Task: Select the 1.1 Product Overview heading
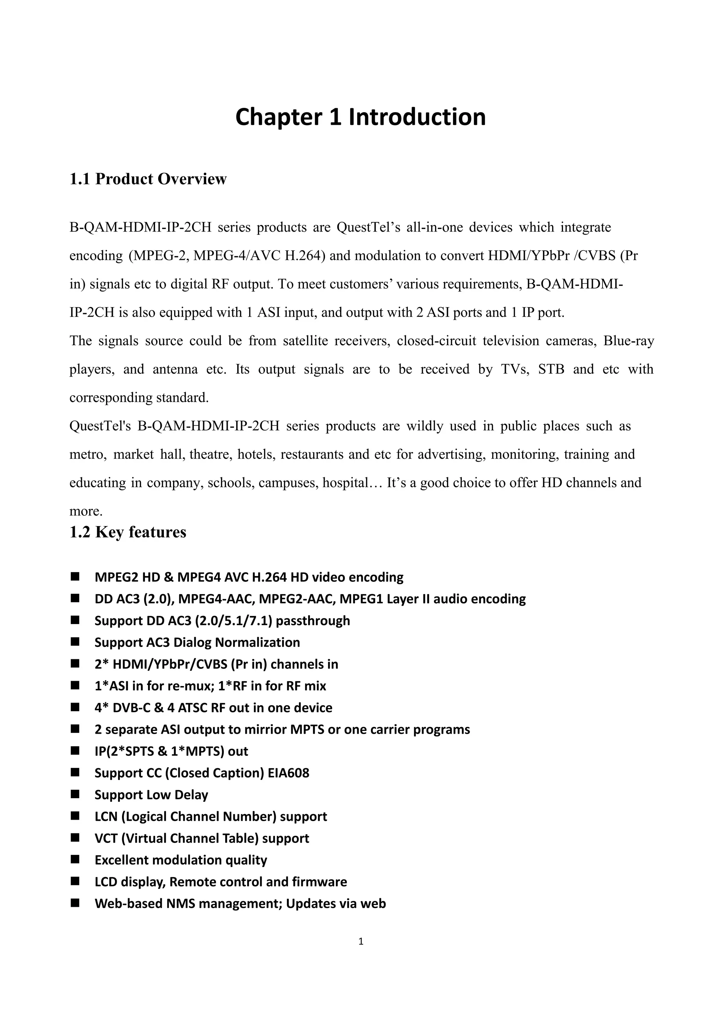pos(148,179)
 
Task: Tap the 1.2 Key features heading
pos(128,532)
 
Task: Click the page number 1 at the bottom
pos(361,941)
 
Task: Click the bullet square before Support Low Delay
pos(75,794)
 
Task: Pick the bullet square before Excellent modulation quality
pos(75,860)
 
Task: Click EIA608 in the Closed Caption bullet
pos(288,773)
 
